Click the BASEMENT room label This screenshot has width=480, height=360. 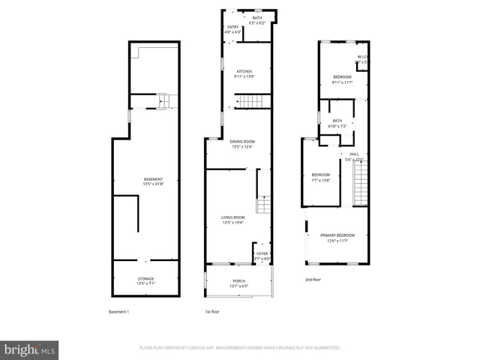coord(153,179)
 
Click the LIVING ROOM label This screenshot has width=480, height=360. coord(233,217)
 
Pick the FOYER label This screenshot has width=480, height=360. coord(262,254)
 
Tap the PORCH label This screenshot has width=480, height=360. coord(238,280)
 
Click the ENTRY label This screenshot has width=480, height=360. coord(232,27)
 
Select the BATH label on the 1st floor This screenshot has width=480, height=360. coord(257,18)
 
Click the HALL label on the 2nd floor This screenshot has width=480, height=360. coord(354,154)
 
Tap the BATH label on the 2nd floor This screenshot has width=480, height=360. coord(337,121)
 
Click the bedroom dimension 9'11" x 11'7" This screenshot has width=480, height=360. coord(342,82)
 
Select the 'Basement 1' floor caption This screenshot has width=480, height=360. coord(118,311)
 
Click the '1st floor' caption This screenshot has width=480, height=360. coord(213,311)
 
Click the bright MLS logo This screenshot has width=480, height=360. coord(30,349)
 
